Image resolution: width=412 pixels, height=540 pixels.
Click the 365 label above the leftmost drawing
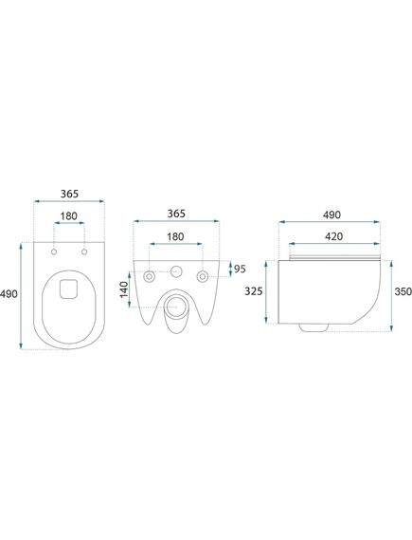coord(69,194)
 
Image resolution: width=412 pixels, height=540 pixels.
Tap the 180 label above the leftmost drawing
coord(69,216)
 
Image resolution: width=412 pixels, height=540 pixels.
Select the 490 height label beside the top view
coord(9,294)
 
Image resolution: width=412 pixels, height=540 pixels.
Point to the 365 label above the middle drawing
coord(176,214)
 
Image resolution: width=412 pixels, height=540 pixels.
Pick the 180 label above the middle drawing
coord(175,236)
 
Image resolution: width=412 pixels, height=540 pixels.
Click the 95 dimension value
coord(240,269)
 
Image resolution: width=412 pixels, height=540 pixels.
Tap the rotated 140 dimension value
coord(124,289)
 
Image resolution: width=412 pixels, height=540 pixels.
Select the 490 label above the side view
coord(331,214)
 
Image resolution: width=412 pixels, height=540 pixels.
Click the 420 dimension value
coord(333,236)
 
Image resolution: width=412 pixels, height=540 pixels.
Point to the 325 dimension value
coord(254,291)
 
